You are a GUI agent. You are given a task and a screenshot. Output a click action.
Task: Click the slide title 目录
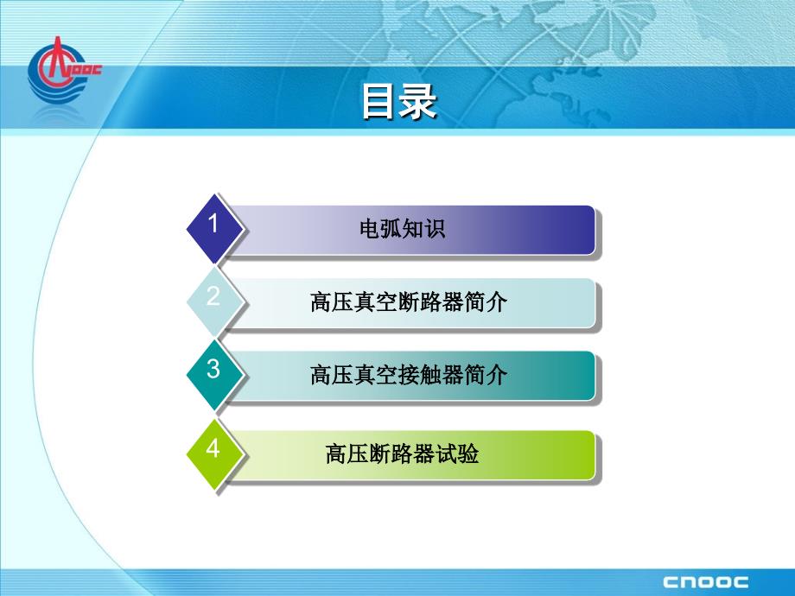click(x=399, y=102)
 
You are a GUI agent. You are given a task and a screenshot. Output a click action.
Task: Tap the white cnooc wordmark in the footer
click(x=705, y=582)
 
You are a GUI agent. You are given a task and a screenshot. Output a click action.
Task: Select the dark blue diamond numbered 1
click(x=215, y=229)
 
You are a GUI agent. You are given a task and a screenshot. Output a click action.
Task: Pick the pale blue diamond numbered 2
click(x=215, y=302)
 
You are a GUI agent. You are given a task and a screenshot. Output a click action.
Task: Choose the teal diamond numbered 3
click(x=215, y=375)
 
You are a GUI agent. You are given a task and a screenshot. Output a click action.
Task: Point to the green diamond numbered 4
click(x=215, y=454)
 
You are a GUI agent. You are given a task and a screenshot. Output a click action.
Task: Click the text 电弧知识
click(x=402, y=229)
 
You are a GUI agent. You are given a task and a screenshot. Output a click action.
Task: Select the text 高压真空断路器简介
click(x=409, y=302)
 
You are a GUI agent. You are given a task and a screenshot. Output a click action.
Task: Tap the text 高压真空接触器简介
click(x=409, y=375)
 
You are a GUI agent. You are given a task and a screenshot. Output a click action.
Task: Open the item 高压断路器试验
click(x=402, y=453)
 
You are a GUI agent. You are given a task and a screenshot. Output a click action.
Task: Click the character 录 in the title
click(x=417, y=102)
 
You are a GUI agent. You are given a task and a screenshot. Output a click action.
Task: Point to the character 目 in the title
click(x=379, y=102)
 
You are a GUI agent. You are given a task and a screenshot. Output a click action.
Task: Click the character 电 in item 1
click(x=370, y=229)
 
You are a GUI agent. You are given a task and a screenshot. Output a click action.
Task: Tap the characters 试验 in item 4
click(x=457, y=453)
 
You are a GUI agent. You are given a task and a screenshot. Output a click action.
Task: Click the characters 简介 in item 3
click(x=486, y=375)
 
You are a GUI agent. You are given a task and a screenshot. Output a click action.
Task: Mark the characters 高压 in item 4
click(x=347, y=453)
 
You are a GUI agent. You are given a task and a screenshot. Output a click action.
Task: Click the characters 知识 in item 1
click(x=424, y=229)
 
